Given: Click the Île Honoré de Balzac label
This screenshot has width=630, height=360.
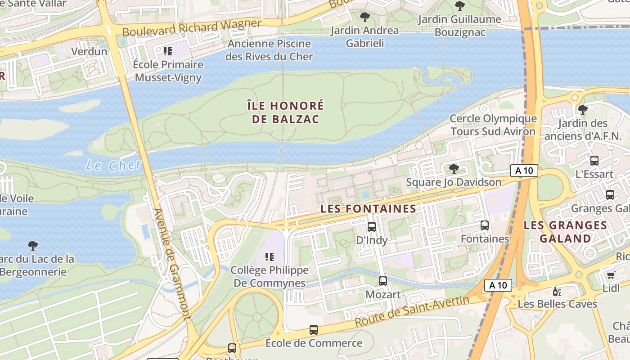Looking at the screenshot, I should [285, 112].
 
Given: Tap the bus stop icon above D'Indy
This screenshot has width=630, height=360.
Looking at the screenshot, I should [372, 227].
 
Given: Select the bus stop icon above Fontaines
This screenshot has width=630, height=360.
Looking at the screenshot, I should [485, 225].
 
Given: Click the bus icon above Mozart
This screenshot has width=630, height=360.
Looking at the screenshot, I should [383, 281].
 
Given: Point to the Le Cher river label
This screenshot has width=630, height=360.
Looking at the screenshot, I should [113, 165].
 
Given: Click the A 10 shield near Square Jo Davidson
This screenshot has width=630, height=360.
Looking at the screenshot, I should [524, 171].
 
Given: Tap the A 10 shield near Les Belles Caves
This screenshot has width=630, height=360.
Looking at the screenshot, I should [498, 285].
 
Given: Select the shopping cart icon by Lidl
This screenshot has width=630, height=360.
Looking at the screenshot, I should [611, 275].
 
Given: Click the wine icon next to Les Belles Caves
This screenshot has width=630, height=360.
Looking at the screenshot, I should [557, 291].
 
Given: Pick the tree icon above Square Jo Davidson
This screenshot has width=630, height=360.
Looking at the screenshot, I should [454, 169].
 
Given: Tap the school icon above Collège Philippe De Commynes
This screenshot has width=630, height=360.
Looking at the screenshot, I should [270, 257].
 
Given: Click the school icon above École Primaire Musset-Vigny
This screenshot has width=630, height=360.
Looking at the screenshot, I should [168, 51].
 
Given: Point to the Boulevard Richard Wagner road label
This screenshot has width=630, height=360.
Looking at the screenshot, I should [192, 28].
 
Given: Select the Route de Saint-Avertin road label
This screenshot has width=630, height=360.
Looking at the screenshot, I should [412, 311].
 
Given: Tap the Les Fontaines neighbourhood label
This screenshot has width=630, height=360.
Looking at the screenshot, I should [368, 209].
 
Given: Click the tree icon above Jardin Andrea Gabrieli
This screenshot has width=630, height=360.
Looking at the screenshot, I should [364, 18].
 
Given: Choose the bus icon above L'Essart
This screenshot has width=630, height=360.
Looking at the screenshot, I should [594, 161].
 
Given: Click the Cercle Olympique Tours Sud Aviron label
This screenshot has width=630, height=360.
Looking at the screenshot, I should [493, 125].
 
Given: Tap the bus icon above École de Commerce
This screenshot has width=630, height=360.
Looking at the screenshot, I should [314, 330].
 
